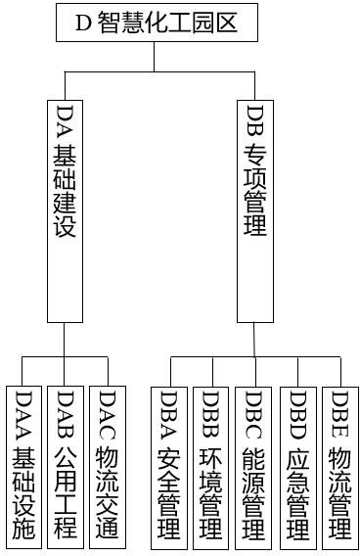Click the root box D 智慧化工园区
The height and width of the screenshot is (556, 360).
pyautogui.click(x=157, y=23)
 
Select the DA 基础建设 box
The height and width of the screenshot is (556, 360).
pyautogui.click(x=66, y=209)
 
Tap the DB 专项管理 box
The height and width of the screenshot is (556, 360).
pyautogui.click(x=254, y=209)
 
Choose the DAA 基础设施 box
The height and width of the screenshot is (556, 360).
pyautogui.click(x=24, y=465)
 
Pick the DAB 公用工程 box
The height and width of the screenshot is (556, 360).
pyautogui.click(x=66, y=465)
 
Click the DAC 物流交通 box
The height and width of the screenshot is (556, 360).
pyautogui.click(x=108, y=465)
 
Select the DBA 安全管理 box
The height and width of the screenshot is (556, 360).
pyautogui.click(x=169, y=465)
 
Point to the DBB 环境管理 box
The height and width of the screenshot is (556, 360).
pyautogui.click(x=210, y=465)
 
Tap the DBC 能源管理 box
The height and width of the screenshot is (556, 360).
pyautogui.click(x=253, y=465)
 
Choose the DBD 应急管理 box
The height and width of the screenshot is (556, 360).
pyautogui.click(x=298, y=465)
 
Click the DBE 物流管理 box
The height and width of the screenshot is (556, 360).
pyautogui.click(x=340, y=465)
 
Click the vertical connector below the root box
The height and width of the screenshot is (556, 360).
pyautogui.click(x=155, y=57)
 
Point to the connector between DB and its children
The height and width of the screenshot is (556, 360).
pyautogui.click(x=255, y=340)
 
